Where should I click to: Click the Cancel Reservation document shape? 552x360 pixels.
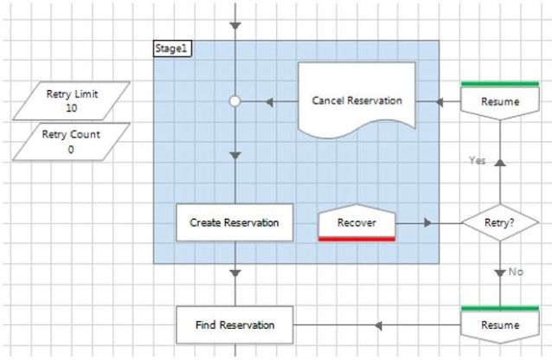point(356,100)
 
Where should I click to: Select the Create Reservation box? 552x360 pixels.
point(234,222)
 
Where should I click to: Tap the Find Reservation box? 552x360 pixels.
point(234,325)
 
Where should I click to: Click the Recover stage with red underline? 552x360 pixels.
point(356,222)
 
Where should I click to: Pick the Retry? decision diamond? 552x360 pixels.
point(499,222)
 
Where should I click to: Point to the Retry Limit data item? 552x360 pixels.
point(73,100)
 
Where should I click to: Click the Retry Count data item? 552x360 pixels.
point(73,141)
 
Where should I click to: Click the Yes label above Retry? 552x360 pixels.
point(477,160)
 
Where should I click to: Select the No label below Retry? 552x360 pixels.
point(517,271)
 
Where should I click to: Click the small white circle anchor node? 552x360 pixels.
point(234,101)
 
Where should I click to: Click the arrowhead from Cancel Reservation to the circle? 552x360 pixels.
point(269,101)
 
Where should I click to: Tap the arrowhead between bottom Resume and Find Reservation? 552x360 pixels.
point(377,325)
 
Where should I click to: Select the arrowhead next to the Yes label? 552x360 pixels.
point(499,161)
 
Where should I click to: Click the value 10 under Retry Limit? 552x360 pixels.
point(73,108)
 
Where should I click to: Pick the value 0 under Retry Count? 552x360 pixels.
point(73,149)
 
